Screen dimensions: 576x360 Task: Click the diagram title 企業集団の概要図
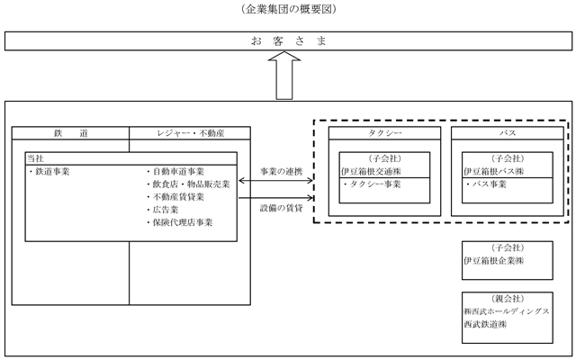coord(288,9)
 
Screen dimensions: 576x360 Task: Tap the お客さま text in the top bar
coord(288,40)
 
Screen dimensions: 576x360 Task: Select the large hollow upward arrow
coord(284,76)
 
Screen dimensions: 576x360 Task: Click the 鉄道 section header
coord(70,133)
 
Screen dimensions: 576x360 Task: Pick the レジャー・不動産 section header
coord(190,133)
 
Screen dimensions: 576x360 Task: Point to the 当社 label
coord(35,158)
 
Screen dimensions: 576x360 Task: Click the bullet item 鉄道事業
coord(49,172)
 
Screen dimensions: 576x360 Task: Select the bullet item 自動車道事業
coord(175,172)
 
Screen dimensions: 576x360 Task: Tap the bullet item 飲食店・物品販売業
coord(188,184)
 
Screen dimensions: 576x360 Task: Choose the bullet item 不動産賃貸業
coord(175,197)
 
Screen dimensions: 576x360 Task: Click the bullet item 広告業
coord(162,210)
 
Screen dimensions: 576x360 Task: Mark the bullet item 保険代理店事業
coord(180,222)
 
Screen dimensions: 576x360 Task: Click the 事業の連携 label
coord(282,172)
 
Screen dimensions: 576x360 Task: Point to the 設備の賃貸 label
coord(282,208)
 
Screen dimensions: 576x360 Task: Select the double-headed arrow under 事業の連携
coord(276,180)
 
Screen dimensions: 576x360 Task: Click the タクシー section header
coord(384,133)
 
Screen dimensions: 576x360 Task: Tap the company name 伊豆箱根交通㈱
coord(371,172)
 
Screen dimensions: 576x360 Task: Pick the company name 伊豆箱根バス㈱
coord(493,172)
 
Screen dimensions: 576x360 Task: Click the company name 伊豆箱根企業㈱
coord(493,261)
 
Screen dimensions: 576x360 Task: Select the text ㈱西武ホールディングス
coord(506,311)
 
